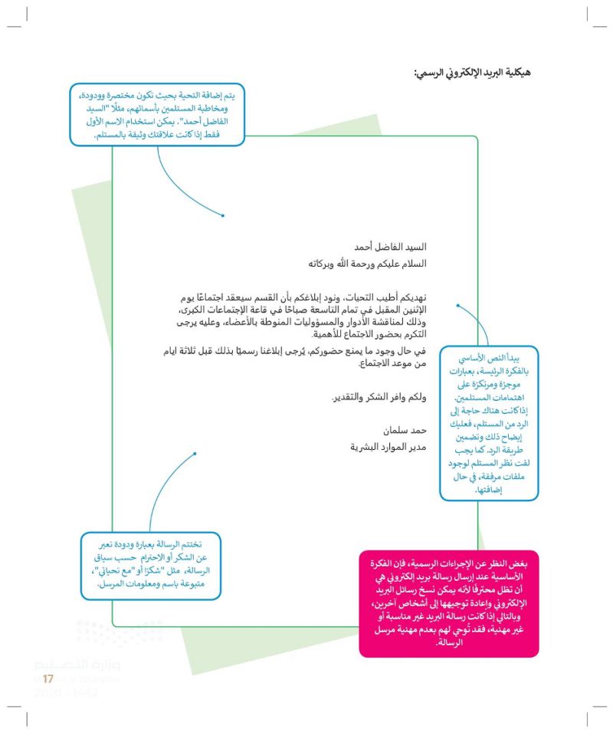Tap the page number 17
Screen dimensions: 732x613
coord(48,679)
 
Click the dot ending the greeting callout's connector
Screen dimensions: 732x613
coord(223,215)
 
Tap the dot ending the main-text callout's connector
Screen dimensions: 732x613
coord(457,305)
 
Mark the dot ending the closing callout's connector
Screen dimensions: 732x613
coord(195,454)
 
